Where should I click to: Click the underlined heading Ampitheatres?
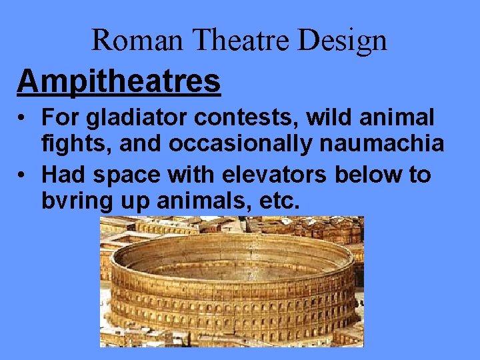(119, 81)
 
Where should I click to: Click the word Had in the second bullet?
(64, 175)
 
